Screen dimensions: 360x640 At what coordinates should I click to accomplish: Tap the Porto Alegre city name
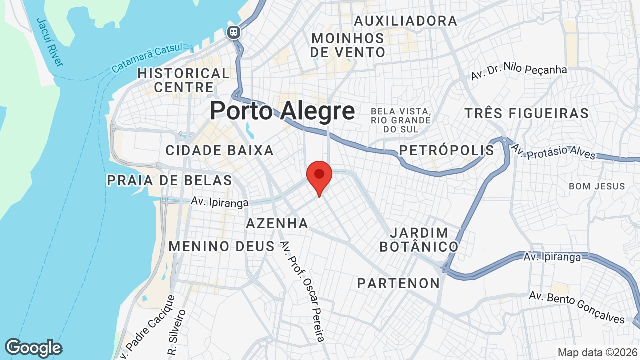click(282, 111)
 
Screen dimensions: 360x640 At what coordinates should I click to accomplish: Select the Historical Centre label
click(183, 80)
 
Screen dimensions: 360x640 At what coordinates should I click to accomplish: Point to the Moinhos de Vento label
click(348, 45)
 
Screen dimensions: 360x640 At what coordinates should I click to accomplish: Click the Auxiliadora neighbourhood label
click(405, 21)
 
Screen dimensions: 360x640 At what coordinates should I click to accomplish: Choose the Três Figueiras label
click(526, 113)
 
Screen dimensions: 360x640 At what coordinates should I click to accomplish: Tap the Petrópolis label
click(446, 150)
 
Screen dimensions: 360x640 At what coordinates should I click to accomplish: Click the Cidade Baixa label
click(219, 150)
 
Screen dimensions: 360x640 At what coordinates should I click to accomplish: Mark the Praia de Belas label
click(170, 180)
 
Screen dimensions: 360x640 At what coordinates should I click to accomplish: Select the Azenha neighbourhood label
click(277, 223)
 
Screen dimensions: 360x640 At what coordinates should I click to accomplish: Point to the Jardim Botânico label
click(419, 240)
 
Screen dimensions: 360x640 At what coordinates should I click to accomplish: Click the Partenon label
click(398, 283)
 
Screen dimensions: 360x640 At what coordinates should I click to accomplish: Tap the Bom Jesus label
click(597, 186)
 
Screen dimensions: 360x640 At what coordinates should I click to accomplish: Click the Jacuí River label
click(50, 42)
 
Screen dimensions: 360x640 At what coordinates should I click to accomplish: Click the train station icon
click(233, 33)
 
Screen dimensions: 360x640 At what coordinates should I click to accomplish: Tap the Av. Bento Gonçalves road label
click(577, 306)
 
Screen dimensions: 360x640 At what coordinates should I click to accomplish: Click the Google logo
click(33, 348)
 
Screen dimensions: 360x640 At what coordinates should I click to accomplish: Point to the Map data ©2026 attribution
click(597, 352)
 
